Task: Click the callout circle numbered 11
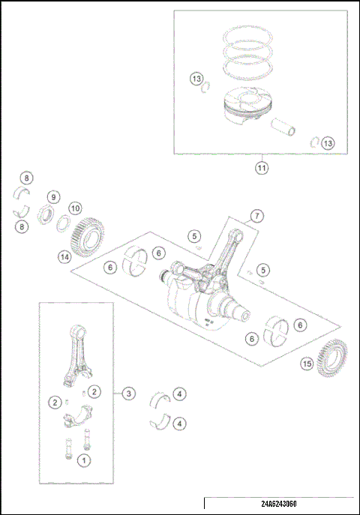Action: point(261,168)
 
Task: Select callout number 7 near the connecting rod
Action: point(256,217)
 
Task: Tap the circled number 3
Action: point(129,392)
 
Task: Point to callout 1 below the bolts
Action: point(84,458)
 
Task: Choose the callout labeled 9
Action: point(53,197)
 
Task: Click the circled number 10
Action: point(75,208)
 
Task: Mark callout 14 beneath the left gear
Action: point(65,257)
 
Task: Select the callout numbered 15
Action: point(307,364)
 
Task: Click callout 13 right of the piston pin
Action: point(328,142)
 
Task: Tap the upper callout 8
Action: point(26,178)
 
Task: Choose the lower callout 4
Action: point(180,424)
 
